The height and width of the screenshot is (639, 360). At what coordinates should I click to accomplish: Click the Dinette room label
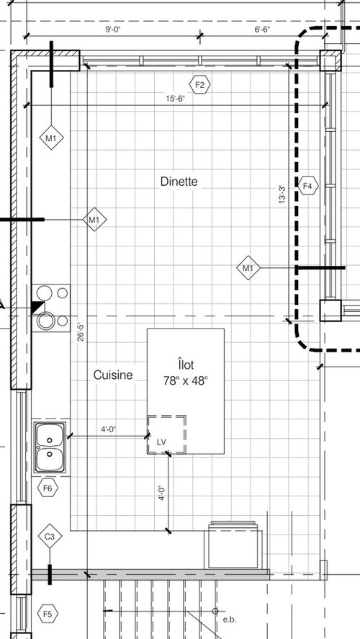pyautogui.click(x=179, y=182)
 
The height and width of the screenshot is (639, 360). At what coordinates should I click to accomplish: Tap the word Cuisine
pyautogui.click(x=112, y=375)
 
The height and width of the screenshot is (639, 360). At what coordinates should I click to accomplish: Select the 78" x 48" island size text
pyautogui.click(x=186, y=380)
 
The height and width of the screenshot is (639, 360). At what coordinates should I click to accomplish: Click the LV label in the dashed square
pyautogui.click(x=162, y=440)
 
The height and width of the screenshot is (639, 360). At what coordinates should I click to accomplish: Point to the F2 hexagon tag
pyautogui.click(x=200, y=85)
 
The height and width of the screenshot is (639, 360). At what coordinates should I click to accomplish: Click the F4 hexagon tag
pyautogui.click(x=308, y=187)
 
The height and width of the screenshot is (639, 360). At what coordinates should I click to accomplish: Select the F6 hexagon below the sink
pyautogui.click(x=48, y=488)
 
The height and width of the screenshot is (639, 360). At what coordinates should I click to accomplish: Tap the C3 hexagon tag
pyautogui.click(x=50, y=537)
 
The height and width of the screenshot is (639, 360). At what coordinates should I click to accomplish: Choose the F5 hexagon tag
pyautogui.click(x=48, y=614)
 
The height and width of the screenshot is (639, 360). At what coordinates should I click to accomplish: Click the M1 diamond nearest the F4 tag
pyautogui.click(x=248, y=269)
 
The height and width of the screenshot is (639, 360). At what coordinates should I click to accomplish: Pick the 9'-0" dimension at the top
pyautogui.click(x=114, y=30)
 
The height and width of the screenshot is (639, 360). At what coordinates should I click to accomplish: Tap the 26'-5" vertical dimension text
pyautogui.click(x=81, y=332)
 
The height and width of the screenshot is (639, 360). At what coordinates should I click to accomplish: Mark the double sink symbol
pyautogui.click(x=49, y=446)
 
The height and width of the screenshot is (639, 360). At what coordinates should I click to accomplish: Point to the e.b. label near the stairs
pyautogui.click(x=229, y=620)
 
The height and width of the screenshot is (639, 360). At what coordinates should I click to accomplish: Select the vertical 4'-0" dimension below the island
pyautogui.click(x=162, y=493)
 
